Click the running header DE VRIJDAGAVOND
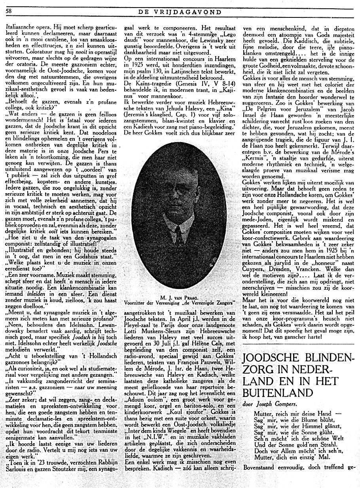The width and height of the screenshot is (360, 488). click(180, 12)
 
